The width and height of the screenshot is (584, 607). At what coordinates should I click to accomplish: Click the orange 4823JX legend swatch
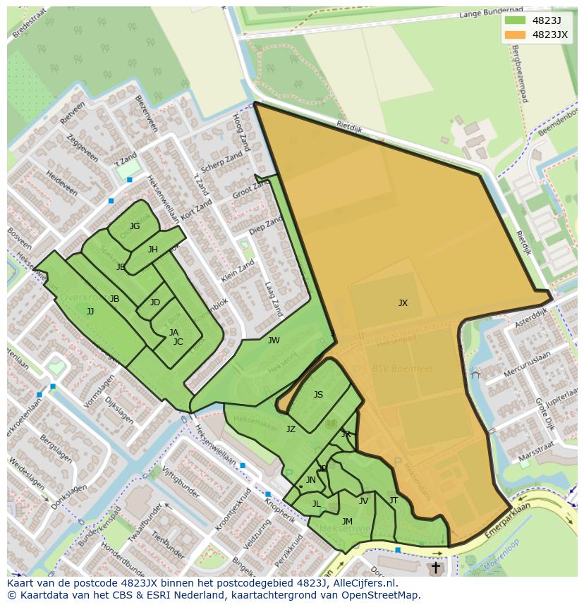click(515, 35)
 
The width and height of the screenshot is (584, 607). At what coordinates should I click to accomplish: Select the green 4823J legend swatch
click(515, 20)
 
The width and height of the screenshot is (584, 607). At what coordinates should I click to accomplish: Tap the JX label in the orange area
click(403, 303)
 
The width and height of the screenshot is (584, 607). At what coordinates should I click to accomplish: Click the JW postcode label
click(274, 341)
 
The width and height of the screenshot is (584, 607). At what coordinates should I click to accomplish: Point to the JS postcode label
click(318, 395)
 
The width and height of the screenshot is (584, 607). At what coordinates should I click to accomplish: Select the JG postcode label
click(135, 226)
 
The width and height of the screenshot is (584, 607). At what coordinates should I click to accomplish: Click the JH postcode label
click(153, 250)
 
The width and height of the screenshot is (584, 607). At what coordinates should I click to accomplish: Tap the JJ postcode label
click(90, 311)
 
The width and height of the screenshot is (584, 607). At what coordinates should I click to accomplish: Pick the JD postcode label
click(155, 302)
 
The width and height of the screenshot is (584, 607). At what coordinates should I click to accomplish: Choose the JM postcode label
click(347, 522)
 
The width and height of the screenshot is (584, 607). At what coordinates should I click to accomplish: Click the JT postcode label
click(394, 501)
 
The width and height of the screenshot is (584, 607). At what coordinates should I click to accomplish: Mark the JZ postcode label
click(291, 429)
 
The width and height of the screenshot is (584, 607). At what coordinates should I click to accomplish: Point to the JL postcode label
click(316, 504)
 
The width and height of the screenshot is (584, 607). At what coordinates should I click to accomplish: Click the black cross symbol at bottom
click(435, 568)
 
